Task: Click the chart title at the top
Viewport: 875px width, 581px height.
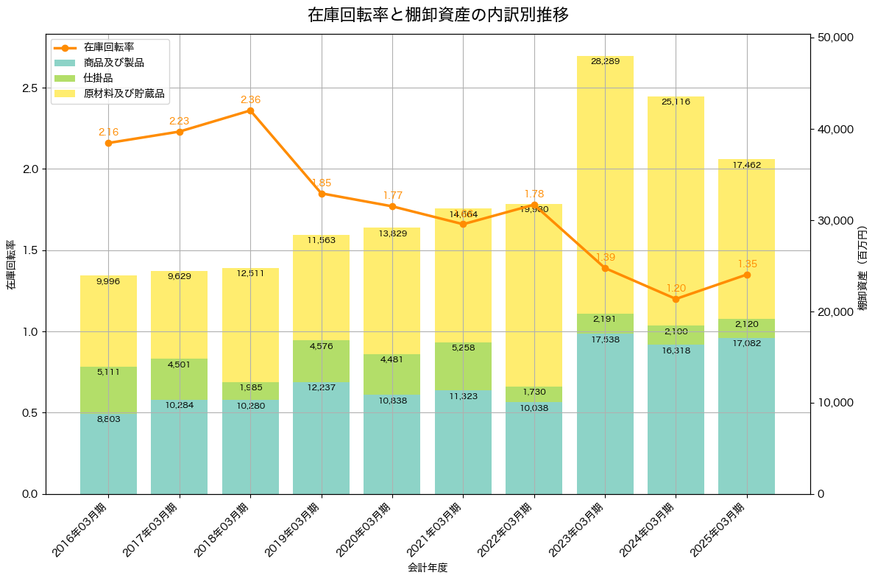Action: coord(438,15)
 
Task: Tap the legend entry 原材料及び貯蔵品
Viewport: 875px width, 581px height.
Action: coord(123,94)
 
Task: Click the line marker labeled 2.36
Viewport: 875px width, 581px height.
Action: coord(250,110)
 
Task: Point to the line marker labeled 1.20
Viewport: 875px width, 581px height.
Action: coord(676,299)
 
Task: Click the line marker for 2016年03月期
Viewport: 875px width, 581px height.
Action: coord(108,143)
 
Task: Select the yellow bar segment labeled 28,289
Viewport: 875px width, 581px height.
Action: coord(605,184)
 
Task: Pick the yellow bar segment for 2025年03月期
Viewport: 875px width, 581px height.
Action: coord(746,239)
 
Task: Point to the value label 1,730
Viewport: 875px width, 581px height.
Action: coord(534,392)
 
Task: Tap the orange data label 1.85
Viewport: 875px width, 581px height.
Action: coord(322,183)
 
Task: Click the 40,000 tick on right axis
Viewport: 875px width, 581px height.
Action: coord(837,130)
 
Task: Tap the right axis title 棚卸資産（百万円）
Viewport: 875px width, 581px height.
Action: coord(863,266)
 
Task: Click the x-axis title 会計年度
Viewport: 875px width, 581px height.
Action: coord(427,568)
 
